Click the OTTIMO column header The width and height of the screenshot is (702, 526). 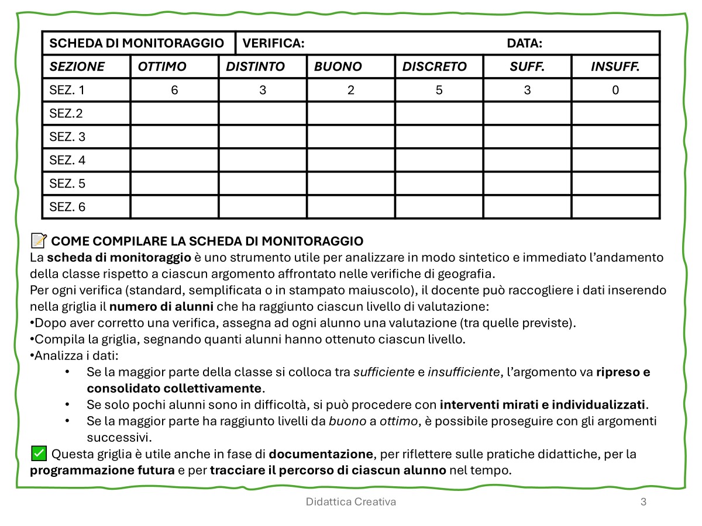pyautogui.click(x=162, y=67)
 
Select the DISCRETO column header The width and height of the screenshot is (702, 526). pyautogui.click(x=434, y=67)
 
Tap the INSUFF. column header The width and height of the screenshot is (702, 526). pyautogui.click(x=615, y=67)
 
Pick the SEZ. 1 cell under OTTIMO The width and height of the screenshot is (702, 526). pyautogui.click(x=174, y=90)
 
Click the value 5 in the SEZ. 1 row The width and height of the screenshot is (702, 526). pyautogui.click(x=439, y=90)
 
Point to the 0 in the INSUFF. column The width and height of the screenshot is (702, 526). pyautogui.click(x=615, y=90)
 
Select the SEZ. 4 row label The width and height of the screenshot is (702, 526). pyautogui.click(x=67, y=160)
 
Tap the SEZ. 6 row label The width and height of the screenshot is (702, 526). pyautogui.click(x=67, y=207)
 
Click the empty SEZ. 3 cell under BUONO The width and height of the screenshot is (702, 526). pyautogui.click(x=351, y=137)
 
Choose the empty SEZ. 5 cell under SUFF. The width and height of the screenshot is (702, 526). pyautogui.click(x=527, y=184)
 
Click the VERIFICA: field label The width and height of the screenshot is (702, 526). pyautogui.click(x=273, y=43)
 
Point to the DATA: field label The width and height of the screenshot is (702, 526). pyautogui.click(x=524, y=43)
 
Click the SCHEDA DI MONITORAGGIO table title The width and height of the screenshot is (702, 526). pyautogui.click(x=136, y=43)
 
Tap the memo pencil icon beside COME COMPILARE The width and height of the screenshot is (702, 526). pyautogui.click(x=39, y=240)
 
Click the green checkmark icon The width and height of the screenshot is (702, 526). pyautogui.click(x=39, y=453)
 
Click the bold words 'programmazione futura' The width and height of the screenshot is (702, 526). pyautogui.click(x=102, y=470)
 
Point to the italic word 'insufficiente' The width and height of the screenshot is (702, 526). pyautogui.click(x=464, y=372)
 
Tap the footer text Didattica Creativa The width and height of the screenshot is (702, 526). pyautogui.click(x=350, y=501)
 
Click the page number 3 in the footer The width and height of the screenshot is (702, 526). pyautogui.click(x=643, y=501)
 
